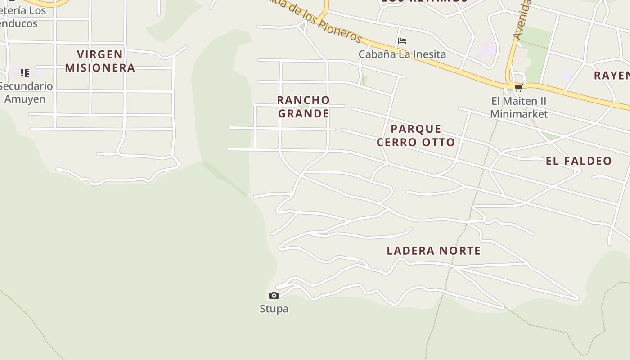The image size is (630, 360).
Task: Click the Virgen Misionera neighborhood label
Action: tap(100, 61)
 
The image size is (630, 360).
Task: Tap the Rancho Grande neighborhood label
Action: tap(303, 107)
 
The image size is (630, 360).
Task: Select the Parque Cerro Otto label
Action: tap(416, 135)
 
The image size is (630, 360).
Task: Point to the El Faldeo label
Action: tap(579, 161)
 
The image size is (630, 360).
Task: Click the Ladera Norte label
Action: tap(434, 251)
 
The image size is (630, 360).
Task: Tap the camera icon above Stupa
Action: tap(274, 295)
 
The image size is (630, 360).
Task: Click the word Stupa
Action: tap(274, 309)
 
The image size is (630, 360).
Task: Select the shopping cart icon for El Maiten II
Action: tap(518, 88)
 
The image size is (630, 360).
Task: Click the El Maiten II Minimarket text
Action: tap(519, 108)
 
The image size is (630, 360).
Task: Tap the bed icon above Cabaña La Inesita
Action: tap(402, 41)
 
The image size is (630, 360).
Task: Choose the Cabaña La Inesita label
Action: tap(402, 54)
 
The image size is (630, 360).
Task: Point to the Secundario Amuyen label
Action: tap(25, 92)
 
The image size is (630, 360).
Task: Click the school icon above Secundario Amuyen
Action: tap(25, 72)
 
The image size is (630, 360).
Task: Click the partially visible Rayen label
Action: tap(612, 75)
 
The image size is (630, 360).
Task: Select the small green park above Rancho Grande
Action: tap(304, 106)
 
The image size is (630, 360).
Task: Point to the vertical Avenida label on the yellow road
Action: tap(522, 20)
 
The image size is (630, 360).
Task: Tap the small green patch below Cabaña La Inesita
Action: tap(364, 81)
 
